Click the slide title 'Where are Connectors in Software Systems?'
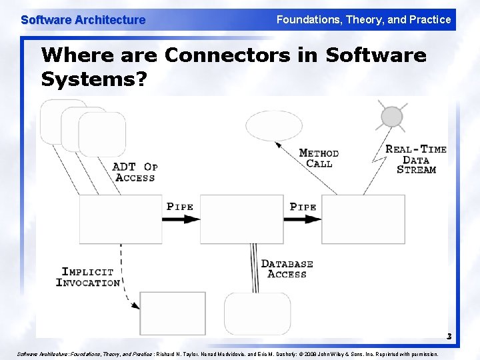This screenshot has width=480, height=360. click(233, 67)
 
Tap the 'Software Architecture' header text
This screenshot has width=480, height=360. click(83, 20)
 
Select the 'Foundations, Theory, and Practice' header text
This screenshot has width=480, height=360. click(363, 20)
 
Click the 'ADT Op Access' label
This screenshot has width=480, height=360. click(135, 172)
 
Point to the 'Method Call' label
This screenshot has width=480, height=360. click(319, 158)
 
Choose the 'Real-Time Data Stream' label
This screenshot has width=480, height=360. click(416, 159)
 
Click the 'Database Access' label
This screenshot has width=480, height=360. click(287, 269)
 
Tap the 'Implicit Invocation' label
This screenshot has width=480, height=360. click(88, 277)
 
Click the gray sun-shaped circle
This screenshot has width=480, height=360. click(392, 117)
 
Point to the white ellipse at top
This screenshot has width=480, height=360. click(273, 126)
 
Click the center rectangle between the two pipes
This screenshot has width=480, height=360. click(241, 219)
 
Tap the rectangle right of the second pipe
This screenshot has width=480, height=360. click(363, 219)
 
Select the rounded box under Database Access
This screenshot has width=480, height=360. click(257, 313)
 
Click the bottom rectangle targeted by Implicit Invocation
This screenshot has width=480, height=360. click(173, 313)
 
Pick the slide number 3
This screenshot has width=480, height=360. click(449, 337)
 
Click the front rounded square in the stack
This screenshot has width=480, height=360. click(102, 134)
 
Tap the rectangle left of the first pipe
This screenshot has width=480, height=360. click(120, 219)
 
